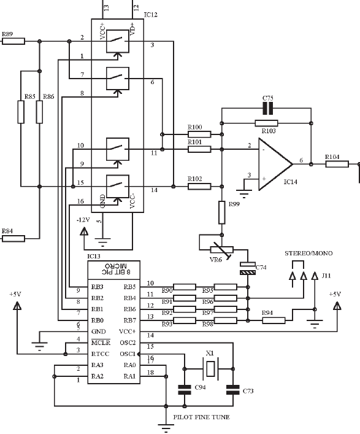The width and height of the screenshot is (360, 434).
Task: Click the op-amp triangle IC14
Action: pos(275,164)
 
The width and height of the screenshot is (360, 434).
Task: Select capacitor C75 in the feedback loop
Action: pos(267,108)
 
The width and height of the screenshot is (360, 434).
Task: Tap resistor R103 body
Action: pos(266,123)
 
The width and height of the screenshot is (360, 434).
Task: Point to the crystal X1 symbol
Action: pos(210,369)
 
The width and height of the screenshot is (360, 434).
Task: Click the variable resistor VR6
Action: pos(222,250)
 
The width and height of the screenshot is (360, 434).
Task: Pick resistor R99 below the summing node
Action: pos(222,212)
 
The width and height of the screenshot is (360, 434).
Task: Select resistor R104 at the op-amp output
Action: pos(337,164)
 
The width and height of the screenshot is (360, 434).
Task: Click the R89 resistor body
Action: pos(13,42)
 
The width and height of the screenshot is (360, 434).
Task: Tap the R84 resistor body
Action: pos(13,239)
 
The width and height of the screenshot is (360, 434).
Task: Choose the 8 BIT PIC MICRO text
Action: pos(116,268)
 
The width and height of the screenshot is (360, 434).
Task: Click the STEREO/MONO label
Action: pos(308,254)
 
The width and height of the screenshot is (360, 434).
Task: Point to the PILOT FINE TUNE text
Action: pos(201,417)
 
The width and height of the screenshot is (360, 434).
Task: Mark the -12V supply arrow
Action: pos(84,231)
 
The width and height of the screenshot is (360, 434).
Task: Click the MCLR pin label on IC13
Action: pos(101,343)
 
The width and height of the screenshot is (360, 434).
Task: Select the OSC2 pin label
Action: pos(128,343)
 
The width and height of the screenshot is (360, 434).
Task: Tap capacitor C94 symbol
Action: pos(185,390)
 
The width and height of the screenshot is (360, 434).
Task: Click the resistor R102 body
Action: pos(199,187)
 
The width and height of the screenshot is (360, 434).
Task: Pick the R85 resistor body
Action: pos(21,112)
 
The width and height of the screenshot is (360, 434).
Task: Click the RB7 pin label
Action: pos(129,320)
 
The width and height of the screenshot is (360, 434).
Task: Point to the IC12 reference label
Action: pos(151,15)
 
